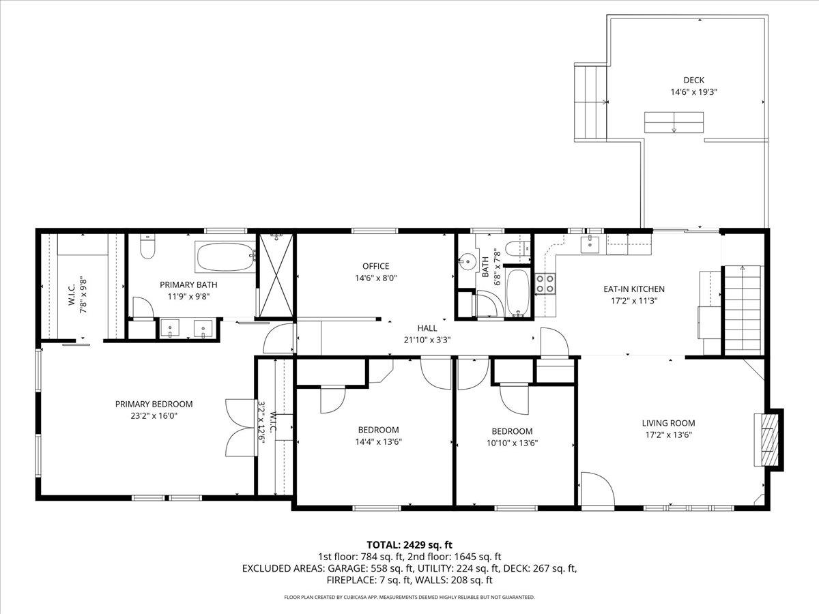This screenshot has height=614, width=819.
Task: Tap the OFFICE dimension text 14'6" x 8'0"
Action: click(x=375, y=278)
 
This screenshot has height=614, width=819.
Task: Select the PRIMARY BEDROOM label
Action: click(x=154, y=404)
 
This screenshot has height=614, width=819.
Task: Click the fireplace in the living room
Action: click(x=769, y=439)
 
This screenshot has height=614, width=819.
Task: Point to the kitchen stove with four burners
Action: click(x=545, y=283)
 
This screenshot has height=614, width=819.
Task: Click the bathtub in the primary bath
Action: click(x=225, y=257)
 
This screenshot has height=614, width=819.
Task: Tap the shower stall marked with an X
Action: click(x=276, y=276)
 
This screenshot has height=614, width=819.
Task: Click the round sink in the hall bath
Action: click(x=468, y=261)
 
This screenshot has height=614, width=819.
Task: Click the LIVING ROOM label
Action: click(x=669, y=423)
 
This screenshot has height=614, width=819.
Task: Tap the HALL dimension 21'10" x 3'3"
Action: click(x=427, y=339)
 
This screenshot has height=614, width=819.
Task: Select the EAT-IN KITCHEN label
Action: click(x=633, y=289)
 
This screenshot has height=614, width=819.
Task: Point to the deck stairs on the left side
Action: click(x=590, y=103)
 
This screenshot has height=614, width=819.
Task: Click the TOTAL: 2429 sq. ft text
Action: click(x=409, y=544)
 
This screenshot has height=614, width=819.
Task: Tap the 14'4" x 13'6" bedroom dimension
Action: click(x=378, y=441)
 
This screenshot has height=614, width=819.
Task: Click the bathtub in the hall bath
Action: click(x=519, y=293)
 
